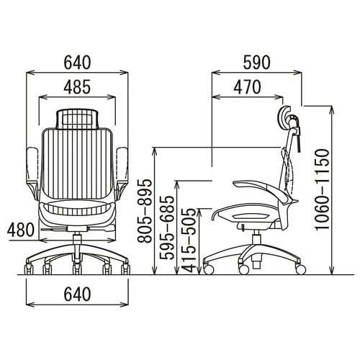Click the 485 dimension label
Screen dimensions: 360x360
(77, 87)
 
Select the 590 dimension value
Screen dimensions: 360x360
(257, 63)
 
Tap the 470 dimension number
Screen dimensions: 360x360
(247, 87)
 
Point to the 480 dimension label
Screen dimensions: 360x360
(21, 230)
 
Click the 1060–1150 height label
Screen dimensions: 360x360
(322, 189)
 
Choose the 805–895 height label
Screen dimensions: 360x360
(145, 211)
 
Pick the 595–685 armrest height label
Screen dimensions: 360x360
(167, 228)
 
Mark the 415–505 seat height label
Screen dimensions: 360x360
(189, 240)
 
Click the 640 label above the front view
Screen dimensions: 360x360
(77, 63)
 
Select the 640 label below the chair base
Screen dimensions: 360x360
(77, 294)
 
